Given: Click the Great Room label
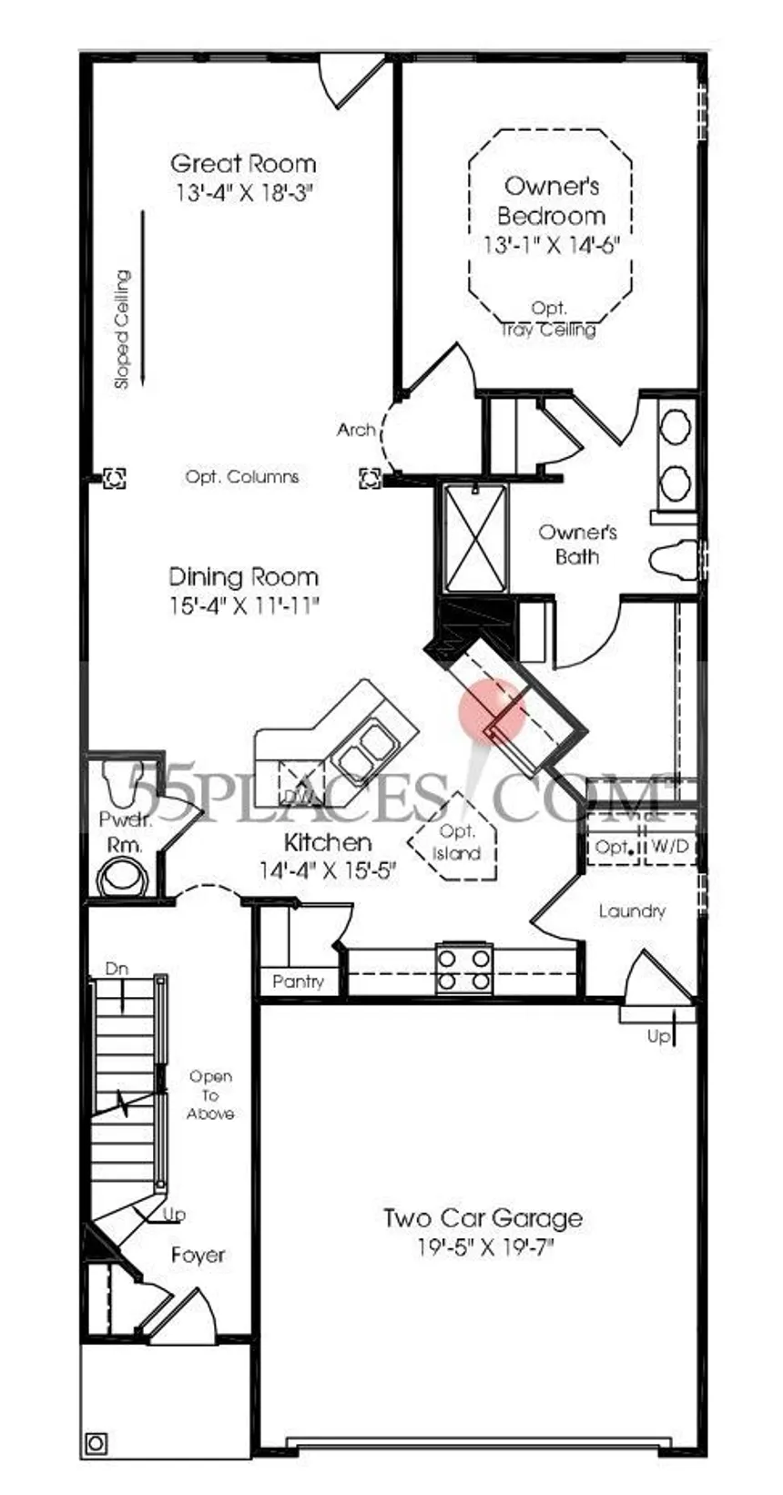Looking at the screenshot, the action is tap(243, 163).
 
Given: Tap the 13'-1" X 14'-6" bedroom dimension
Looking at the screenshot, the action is tap(552, 245).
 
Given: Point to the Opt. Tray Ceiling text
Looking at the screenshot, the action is tap(549, 319).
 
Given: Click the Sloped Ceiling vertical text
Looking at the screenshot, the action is tap(122, 329).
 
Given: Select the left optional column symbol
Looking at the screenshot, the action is tap(114, 477).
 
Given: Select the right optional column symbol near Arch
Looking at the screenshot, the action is tap(370, 477).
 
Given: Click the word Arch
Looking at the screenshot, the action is tap(356, 430).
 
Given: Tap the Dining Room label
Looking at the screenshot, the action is tap(244, 576).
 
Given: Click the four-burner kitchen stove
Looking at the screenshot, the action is tap(464, 970).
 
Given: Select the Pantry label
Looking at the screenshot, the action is tap(299, 981).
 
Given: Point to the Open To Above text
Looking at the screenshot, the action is tap(210, 1094).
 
